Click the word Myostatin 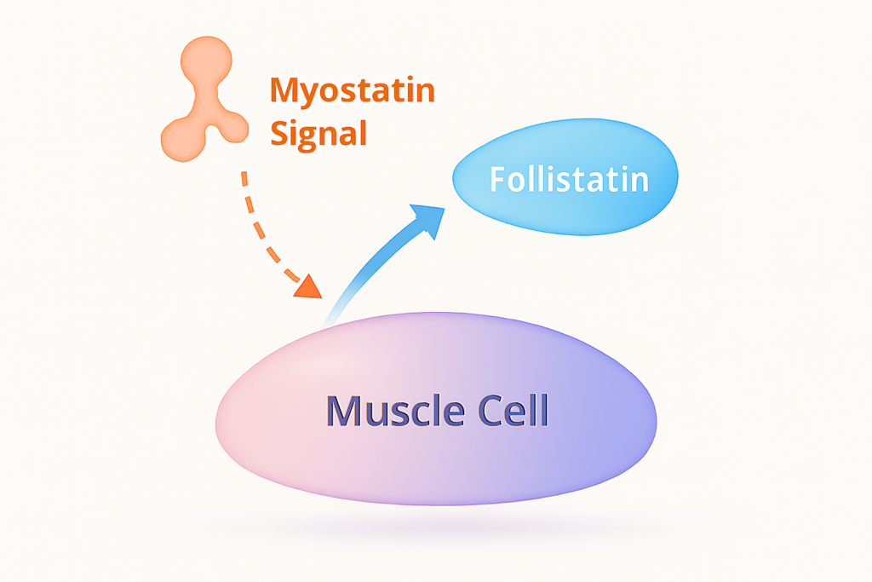(351, 91)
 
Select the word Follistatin (568, 180)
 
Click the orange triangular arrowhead (307, 285)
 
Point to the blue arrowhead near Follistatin (428, 219)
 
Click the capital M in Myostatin (284, 91)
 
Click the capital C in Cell (478, 411)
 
